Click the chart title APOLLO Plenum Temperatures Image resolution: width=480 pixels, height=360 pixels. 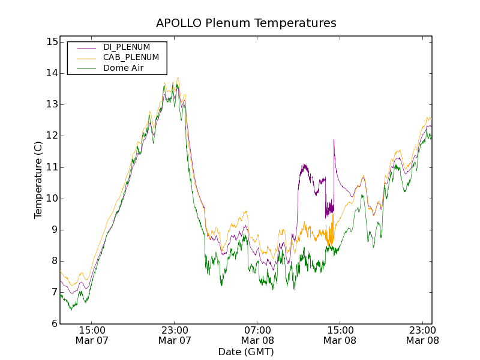tap(246, 23)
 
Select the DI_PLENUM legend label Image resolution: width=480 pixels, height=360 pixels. tap(127, 47)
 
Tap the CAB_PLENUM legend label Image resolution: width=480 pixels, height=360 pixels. tap(131, 58)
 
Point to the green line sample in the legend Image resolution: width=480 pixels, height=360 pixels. tap(85, 69)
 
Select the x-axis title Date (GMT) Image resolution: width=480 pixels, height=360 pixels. tap(246, 352)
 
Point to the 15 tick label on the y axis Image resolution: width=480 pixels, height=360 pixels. tap(51, 42)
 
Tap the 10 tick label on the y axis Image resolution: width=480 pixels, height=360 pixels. tap(51, 199)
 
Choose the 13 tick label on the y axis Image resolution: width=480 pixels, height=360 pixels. tap(51, 104)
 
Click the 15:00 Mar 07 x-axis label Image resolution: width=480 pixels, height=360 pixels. tap(92, 335)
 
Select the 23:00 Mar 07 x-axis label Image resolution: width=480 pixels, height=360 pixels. tap(175, 335)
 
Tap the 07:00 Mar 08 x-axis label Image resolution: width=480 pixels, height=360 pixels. tap(257, 335)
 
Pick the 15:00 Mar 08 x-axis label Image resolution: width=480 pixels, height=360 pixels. tap(340, 335)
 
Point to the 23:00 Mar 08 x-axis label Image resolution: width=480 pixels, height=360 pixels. tap(422, 335)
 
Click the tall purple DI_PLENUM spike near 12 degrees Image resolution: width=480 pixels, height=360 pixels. tap(334, 140)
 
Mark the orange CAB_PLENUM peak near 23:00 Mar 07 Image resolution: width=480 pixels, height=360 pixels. tap(178, 78)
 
